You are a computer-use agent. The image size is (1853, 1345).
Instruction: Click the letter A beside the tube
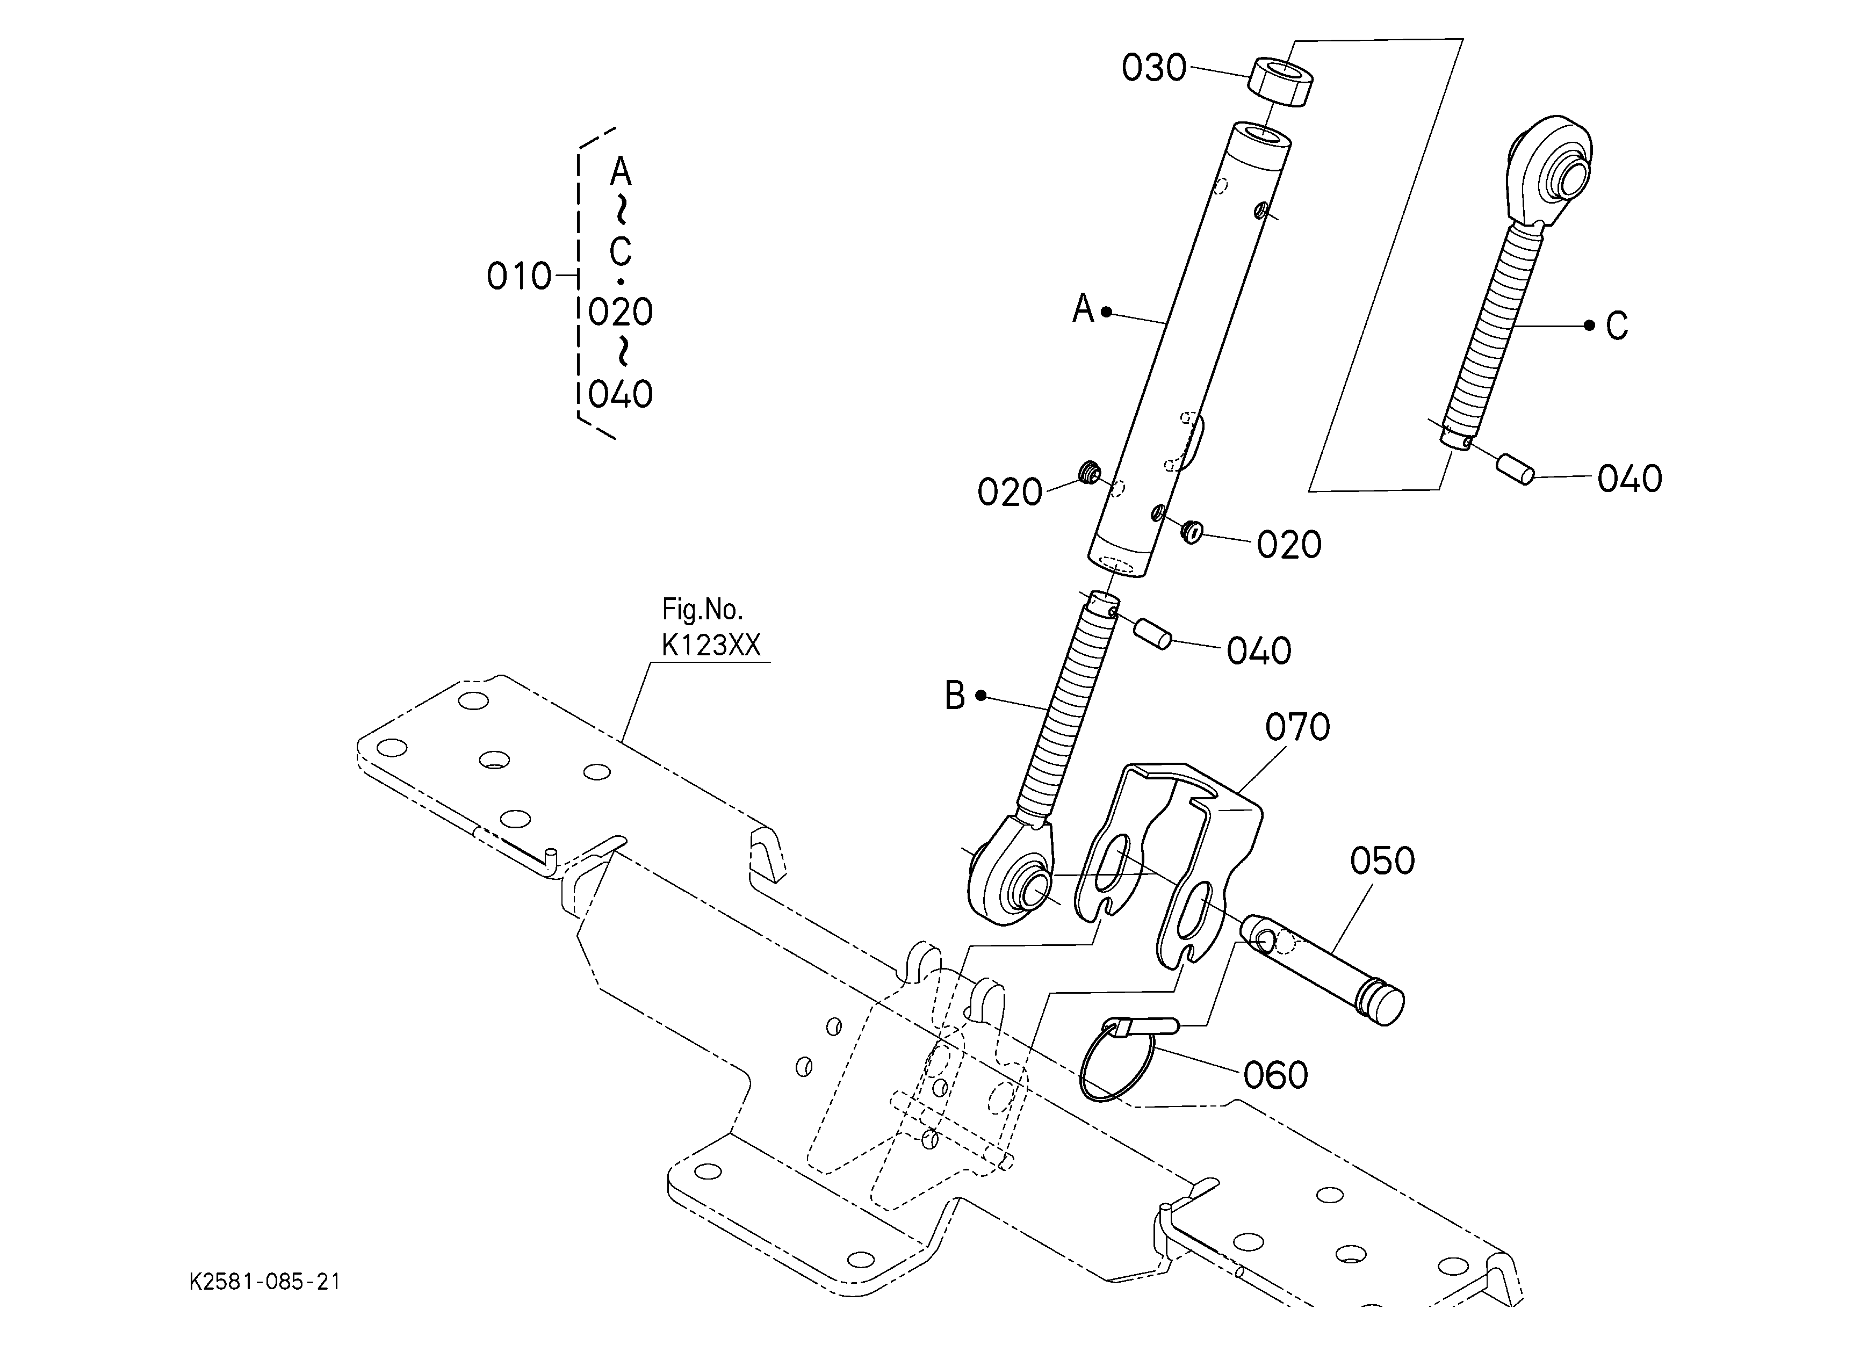point(1083,309)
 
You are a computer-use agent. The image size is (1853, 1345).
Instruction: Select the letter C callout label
point(1616,326)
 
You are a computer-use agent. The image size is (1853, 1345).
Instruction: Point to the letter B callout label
point(954,696)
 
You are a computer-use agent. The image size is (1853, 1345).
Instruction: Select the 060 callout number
point(1275,1075)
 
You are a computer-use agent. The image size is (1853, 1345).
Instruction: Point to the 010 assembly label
point(519,277)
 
